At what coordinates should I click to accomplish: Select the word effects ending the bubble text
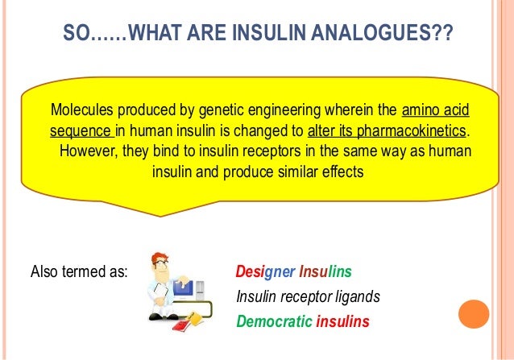point(337,172)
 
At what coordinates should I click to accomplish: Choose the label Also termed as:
point(78,271)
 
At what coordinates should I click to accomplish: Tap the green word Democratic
point(274,323)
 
